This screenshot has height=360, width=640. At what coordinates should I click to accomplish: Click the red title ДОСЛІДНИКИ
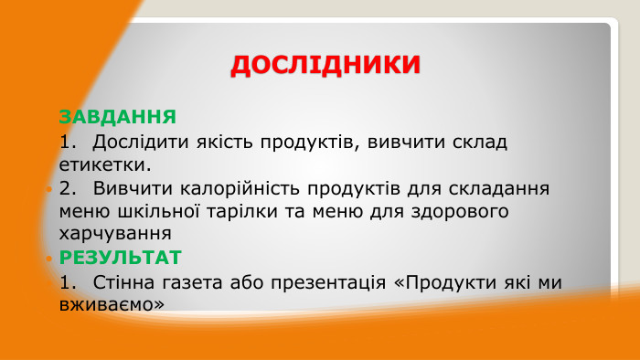325,65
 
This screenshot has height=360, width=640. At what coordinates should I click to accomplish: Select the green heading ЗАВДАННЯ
117,117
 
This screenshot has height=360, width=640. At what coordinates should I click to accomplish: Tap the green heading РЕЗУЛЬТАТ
120,257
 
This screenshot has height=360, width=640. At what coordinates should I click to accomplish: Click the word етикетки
103,165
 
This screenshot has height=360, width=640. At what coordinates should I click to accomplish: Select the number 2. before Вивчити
68,189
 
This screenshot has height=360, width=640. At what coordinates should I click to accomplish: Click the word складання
498,189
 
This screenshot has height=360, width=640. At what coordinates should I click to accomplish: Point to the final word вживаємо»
112,305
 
